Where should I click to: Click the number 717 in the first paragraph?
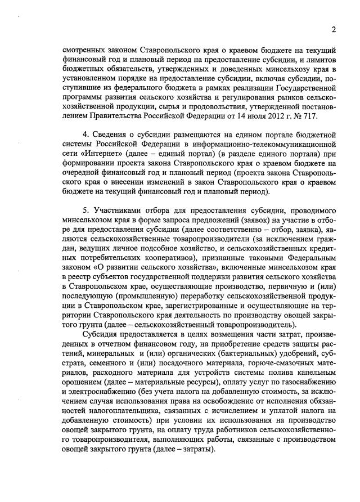click(x=309, y=116)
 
